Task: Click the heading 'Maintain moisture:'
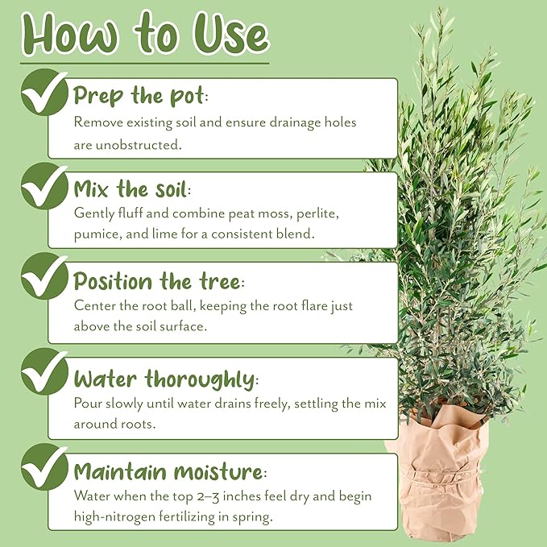click(168, 472)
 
